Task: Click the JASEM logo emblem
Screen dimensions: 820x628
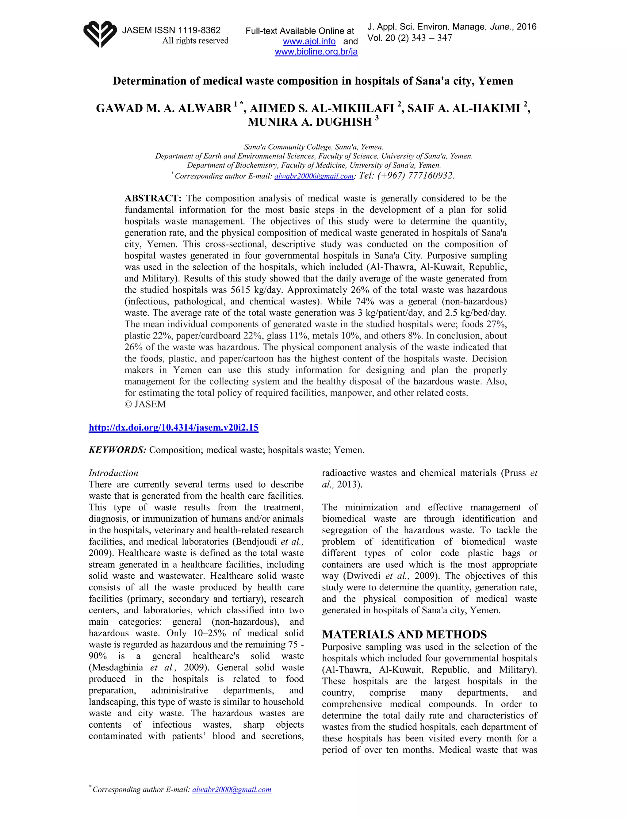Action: point(100,34)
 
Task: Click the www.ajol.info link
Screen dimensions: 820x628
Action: point(309,41)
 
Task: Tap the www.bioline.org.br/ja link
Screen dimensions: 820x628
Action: point(316,52)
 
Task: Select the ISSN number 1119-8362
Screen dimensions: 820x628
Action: point(199,30)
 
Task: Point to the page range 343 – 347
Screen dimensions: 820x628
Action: point(431,38)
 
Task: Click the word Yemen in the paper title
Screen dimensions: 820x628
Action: point(495,81)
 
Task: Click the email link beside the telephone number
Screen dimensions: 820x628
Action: point(314,176)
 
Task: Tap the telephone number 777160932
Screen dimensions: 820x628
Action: point(430,176)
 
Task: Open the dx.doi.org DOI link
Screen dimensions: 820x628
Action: point(174,427)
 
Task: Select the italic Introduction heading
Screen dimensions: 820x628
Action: point(113,473)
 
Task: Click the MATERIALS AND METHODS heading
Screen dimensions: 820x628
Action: point(404,634)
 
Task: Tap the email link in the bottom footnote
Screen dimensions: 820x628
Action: point(232,790)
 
